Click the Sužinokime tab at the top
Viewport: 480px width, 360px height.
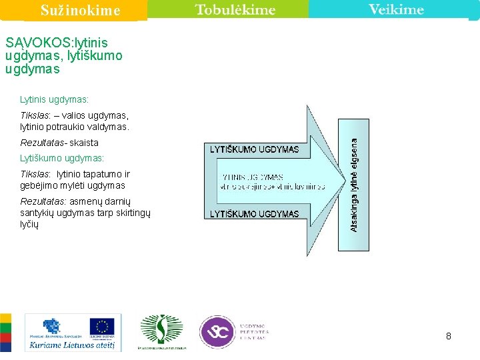(x=80, y=10)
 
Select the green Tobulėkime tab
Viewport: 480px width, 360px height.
(x=235, y=9)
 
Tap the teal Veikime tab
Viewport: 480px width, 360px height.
(x=396, y=9)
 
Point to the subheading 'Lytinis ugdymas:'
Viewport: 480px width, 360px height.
(x=54, y=99)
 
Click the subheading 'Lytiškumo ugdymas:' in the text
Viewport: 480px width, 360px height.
(x=62, y=159)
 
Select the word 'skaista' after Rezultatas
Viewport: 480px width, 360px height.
(x=84, y=143)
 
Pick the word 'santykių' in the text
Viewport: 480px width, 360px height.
(x=37, y=213)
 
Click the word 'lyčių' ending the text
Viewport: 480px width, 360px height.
(x=30, y=225)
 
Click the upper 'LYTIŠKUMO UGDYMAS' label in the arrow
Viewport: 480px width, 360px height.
(x=254, y=149)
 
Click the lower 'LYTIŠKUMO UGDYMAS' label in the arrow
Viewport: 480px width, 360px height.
(x=254, y=214)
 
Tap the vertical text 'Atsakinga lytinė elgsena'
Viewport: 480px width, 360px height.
(x=354, y=185)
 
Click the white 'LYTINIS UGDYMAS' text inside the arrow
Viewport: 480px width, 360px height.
(x=253, y=177)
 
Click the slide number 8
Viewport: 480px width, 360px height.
(x=449, y=336)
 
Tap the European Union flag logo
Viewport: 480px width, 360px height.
(x=101, y=326)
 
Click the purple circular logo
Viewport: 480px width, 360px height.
(x=217, y=331)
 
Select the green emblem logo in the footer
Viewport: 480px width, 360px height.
(x=161, y=329)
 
